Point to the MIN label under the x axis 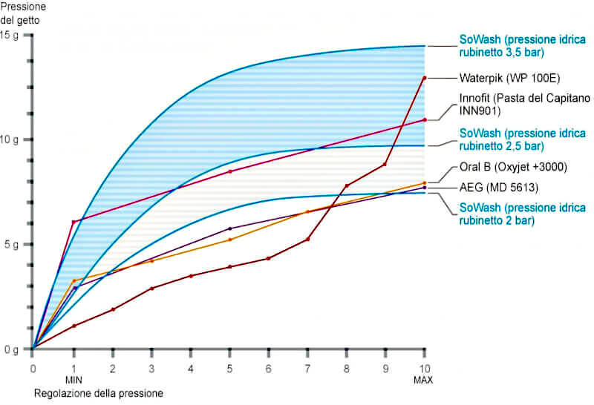point(73,379)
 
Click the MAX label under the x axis point(424,379)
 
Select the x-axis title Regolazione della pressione point(97,392)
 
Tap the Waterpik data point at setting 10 point(424,78)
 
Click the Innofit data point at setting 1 point(73,223)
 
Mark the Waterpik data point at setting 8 point(347,185)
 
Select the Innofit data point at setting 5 point(229,171)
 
